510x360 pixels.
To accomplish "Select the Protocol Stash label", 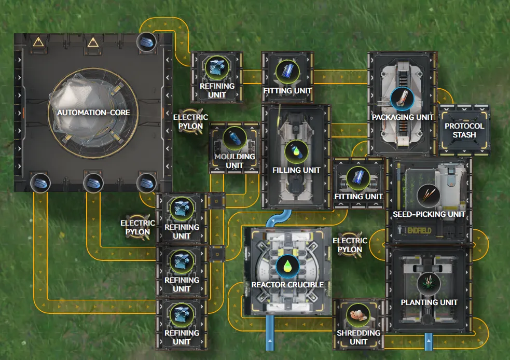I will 464,130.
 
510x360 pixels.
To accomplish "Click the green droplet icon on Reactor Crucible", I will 287,266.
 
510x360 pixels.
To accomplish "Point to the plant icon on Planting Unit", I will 429,283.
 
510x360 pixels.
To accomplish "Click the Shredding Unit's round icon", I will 358,314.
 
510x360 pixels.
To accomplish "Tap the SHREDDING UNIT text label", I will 359,337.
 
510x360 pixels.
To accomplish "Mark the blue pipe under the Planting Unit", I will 429,342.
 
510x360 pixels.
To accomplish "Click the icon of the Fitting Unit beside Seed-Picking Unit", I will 358,177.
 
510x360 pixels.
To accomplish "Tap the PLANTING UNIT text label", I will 429,302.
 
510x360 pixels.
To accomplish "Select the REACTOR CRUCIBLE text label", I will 287,285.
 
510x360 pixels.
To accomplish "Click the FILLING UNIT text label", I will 296,170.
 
